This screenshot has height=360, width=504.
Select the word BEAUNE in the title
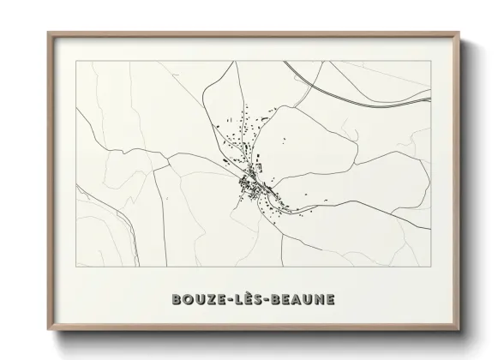coord(302,300)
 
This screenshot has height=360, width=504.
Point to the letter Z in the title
coord(211,300)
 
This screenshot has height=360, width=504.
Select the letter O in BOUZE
coord(187,300)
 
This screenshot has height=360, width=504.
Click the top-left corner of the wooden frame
coord(48,33)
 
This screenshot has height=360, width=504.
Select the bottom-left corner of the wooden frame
coord(48,330)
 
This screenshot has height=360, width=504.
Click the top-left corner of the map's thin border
coord(76,61)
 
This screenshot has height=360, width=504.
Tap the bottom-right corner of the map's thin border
coord(430,267)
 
